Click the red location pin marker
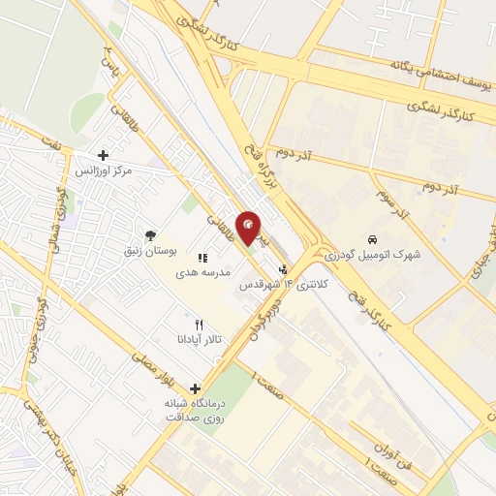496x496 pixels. coord(249,227)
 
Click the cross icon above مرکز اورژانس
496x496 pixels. coord(104,154)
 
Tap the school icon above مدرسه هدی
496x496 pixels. coord(203,258)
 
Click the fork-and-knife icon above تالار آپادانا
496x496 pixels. coord(199,324)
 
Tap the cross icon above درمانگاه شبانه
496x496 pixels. coord(195,387)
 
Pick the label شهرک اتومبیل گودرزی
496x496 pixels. coord(374,254)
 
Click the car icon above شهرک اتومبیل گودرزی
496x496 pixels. coord(373,238)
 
